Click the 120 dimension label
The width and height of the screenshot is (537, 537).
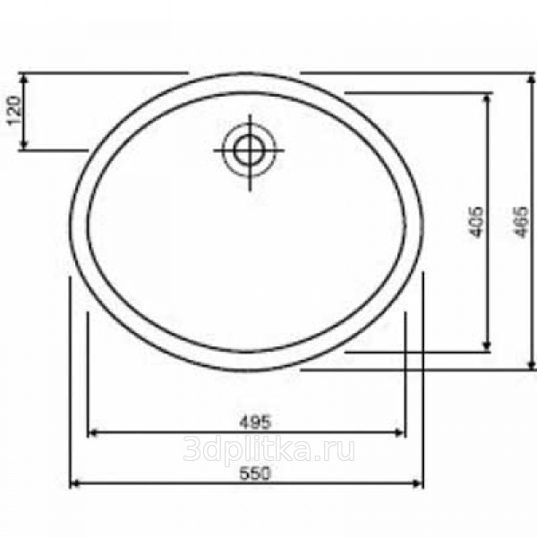[x=14, y=111]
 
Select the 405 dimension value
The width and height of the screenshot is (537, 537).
[x=476, y=222]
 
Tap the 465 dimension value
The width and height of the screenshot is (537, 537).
[x=520, y=222]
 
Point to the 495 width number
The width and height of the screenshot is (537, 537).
[x=255, y=422]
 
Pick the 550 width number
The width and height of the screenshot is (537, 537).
[x=255, y=473]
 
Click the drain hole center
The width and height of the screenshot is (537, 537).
[x=250, y=150]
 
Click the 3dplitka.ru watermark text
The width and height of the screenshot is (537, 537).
[x=268, y=450]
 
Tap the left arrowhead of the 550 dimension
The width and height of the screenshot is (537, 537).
[x=74, y=483]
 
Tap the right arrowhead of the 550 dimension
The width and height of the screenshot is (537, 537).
[x=419, y=483]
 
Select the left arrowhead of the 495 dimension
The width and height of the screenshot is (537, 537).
[x=93, y=433]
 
